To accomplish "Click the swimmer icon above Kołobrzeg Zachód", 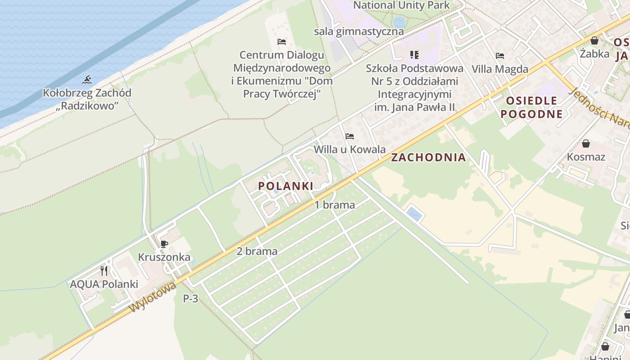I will (x=87, y=80).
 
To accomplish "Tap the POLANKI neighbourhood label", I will (x=285, y=186).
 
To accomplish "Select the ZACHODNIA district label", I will (x=428, y=157).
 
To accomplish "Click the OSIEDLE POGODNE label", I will (x=531, y=107).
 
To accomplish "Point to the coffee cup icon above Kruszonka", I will (x=164, y=244).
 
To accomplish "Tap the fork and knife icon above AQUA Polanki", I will (x=104, y=271).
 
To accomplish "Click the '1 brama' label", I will (x=334, y=205).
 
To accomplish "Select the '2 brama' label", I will (x=257, y=251).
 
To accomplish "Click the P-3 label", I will (x=190, y=298).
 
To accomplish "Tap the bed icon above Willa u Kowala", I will (x=350, y=136).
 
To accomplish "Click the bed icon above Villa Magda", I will (x=499, y=56).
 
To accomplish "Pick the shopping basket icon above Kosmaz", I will (x=586, y=144).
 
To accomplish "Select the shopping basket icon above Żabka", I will (x=594, y=40).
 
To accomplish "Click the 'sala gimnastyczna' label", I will (x=359, y=31).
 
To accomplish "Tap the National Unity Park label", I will (x=401, y=5).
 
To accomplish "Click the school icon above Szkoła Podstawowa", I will (x=414, y=55).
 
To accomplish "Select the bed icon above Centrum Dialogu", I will (x=282, y=42).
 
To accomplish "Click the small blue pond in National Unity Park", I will (x=399, y=22).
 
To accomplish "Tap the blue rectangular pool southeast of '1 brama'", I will (x=414, y=214).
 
